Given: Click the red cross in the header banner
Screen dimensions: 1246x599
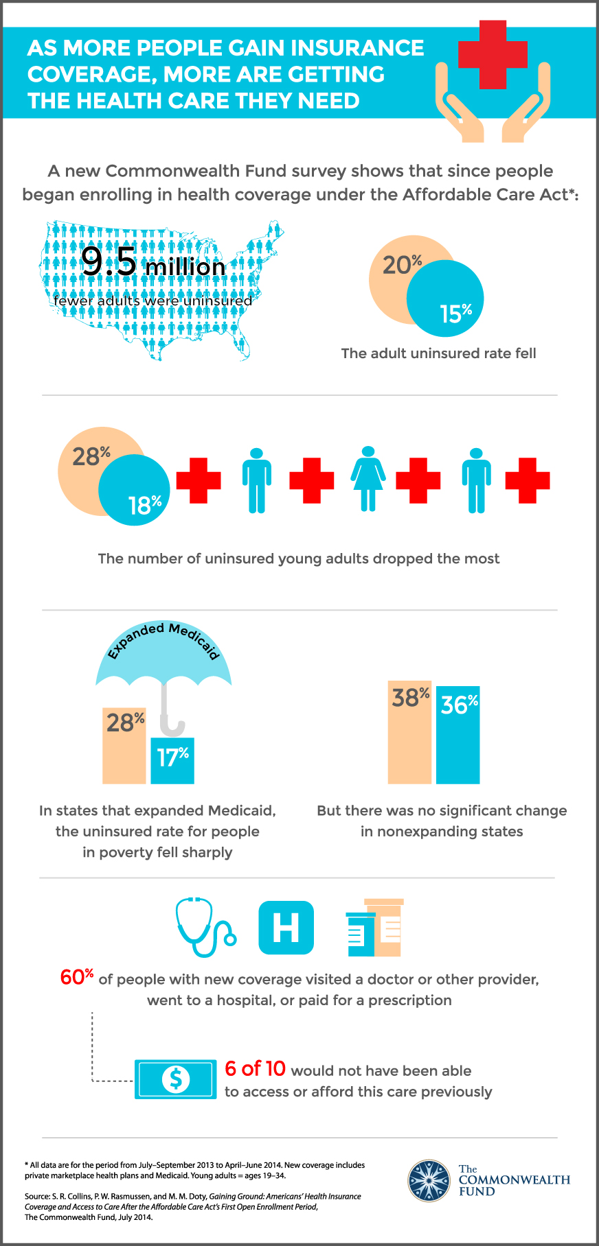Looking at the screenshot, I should tap(493, 55).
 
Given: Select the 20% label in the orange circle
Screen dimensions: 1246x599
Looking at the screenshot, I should tap(402, 265).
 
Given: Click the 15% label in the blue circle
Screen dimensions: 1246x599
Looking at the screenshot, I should tap(455, 314).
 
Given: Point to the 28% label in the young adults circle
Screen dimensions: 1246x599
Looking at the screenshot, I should tap(91, 456).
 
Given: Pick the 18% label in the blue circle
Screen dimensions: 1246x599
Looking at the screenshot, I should tap(144, 505).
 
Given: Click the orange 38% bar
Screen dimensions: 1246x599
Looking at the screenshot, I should tap(409, 738).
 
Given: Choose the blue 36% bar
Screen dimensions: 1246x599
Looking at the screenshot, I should tap(458, 738).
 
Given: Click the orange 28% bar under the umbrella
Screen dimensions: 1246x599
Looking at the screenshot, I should tap(124, 748).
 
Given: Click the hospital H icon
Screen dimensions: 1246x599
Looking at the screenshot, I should tap(286, 928).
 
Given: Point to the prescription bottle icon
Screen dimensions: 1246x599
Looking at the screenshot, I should tap(374, 928).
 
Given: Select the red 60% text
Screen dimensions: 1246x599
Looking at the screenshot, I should tap(76, 977).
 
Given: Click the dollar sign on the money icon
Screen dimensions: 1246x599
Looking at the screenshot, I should tap(175, 1079).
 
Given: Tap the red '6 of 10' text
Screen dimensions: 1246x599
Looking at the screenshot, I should tap(255, 1068).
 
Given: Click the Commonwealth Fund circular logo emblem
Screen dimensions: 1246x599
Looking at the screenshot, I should tap(429, 1181).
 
